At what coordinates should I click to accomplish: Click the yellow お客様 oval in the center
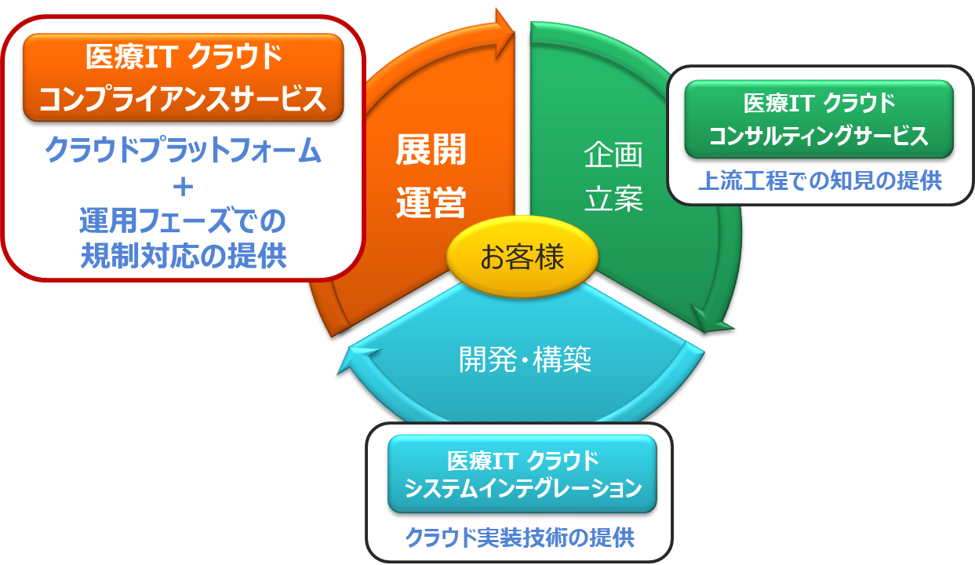point(522,257)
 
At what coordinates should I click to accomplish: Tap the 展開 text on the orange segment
point(431,151)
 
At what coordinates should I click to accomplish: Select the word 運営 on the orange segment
point(431,202)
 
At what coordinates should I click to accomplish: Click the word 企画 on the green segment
point(613,155)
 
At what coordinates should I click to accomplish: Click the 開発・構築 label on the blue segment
point(524,359)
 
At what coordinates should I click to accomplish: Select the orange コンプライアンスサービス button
point(184,77)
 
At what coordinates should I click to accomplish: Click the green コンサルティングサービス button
point(819,119)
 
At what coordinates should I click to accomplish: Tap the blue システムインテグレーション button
point(522,473)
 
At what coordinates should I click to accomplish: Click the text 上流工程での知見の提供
point(819,181)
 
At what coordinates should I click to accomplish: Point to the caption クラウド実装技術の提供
point(519,538)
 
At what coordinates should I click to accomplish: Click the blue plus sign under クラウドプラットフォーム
point(184,187)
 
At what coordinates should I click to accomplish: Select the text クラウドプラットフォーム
point(184,151)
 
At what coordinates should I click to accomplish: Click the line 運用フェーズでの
point(184,222)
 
